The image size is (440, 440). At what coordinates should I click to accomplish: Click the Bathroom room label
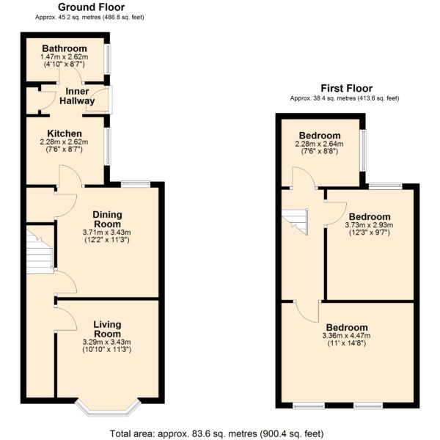point(65,48)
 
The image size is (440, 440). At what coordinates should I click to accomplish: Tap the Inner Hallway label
point(77,96)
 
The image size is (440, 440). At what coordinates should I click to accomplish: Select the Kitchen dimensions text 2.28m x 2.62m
point(64,142)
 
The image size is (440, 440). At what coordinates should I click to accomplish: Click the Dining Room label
point(107,219)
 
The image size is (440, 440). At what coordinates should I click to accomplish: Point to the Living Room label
point(107,329)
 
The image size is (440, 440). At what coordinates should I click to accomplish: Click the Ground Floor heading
point(91,7)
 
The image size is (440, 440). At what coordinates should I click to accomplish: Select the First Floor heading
point(347,89)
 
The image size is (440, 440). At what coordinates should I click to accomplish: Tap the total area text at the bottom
point(216,433)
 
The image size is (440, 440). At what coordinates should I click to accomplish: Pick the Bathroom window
point(108,59)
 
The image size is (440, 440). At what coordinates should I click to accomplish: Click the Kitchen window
point(108,146)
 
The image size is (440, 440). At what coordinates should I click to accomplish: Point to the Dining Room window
point(136,183)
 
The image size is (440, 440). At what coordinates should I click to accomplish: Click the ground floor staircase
point(40,251)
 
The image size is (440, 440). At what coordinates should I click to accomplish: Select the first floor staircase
point(295,221)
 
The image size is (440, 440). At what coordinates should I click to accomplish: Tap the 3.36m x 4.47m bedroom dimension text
point(347,336)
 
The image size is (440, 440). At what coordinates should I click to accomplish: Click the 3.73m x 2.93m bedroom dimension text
point(369,225)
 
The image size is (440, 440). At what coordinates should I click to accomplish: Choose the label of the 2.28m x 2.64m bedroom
point(320,135)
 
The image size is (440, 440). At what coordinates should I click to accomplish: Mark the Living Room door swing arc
point(70,315)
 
